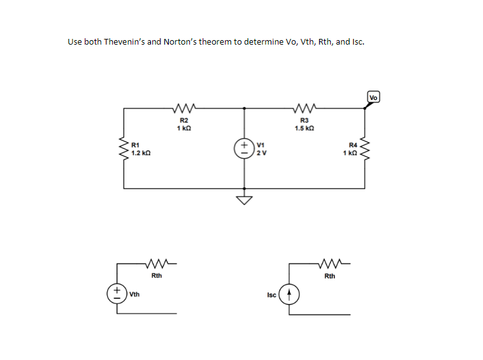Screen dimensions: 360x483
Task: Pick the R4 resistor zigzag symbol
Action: [x=366, y=148]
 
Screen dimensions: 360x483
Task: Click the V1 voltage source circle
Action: [x=243, y=148]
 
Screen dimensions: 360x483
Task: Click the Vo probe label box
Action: [x=374, y=97]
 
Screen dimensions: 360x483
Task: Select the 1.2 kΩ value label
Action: [x=141, y=153]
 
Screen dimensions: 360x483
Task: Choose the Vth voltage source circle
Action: [x=117, y=294]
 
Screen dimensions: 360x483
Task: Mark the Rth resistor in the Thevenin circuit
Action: [x=156, y=262]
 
